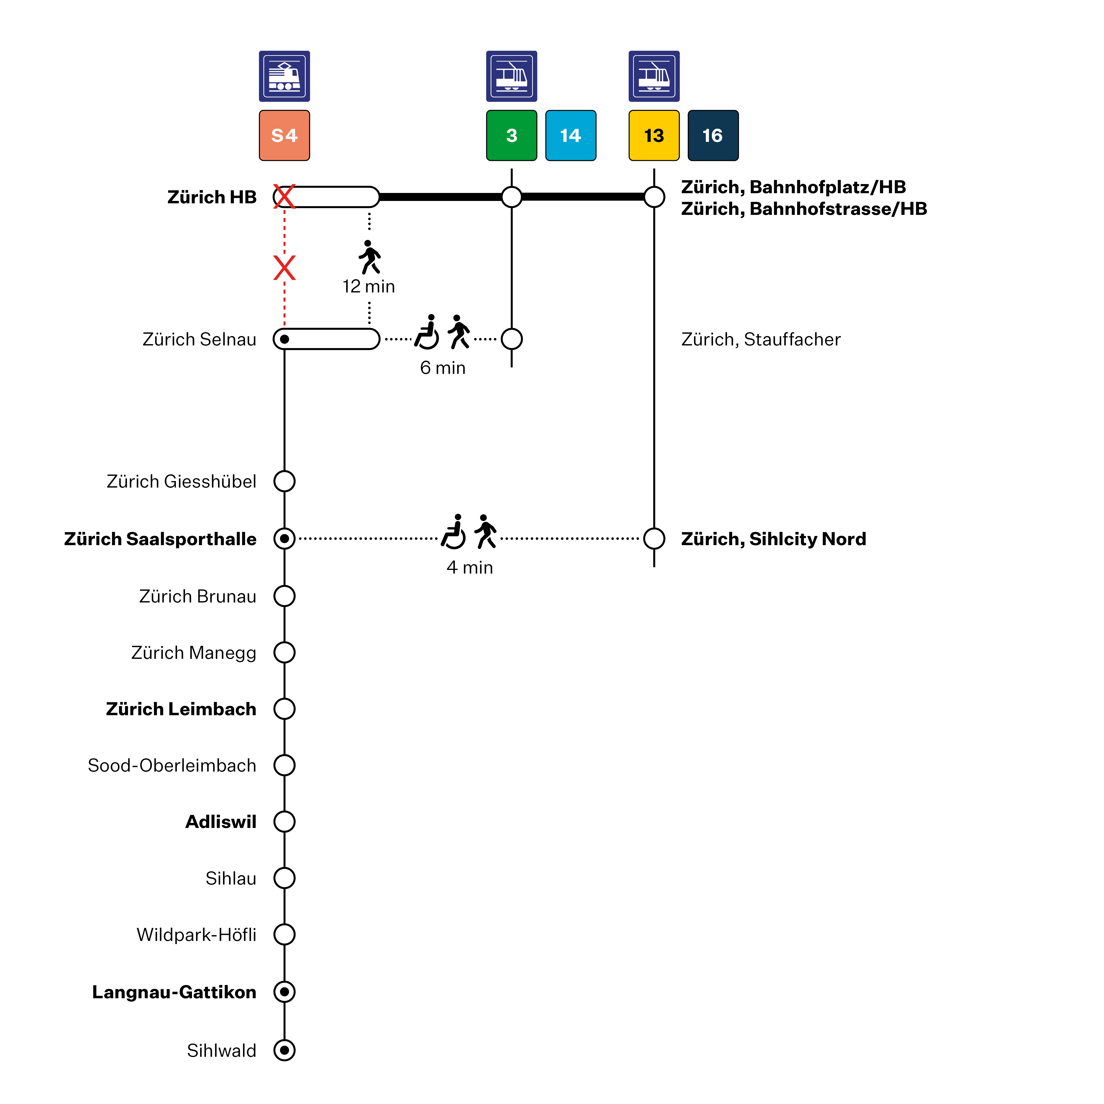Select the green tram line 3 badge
(x=511, y=135)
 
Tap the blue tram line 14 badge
(x=570, y=135)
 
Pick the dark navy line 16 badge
(x=713, y=135)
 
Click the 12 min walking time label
(x=369, y=286)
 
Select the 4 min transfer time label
(x=470, y=568)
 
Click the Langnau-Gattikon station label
(x=174, y=992)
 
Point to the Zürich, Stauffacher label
(x=760, y=339)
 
